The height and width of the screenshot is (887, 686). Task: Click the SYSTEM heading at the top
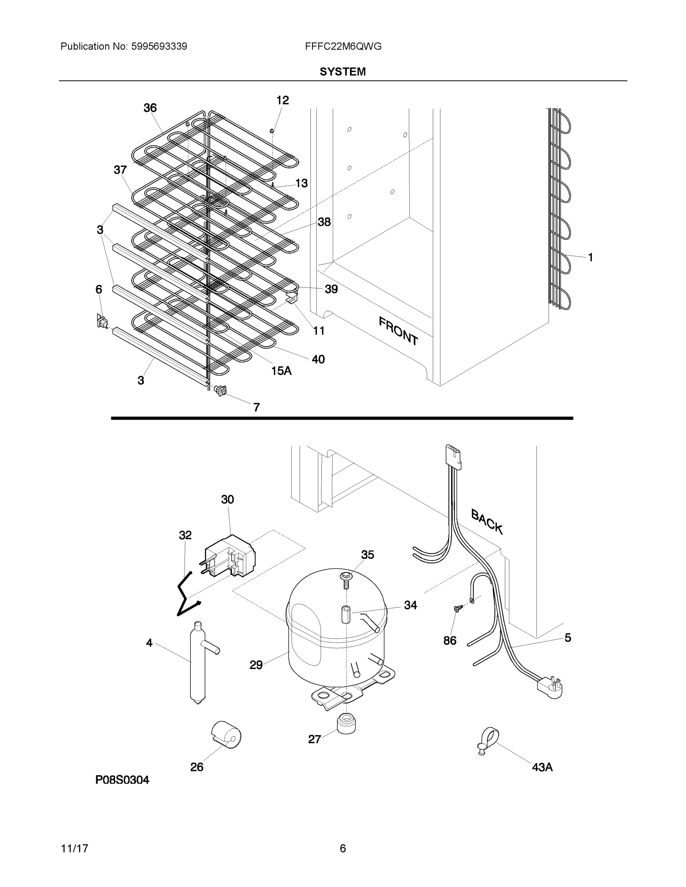342,72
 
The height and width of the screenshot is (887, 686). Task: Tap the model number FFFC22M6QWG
343,46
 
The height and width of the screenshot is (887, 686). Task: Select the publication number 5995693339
159,46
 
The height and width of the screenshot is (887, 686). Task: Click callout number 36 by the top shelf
150,108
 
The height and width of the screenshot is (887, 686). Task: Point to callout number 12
283,100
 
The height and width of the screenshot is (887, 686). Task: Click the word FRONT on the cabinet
398,331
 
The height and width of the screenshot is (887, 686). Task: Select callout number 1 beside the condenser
590,257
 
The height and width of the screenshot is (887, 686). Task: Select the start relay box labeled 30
230,555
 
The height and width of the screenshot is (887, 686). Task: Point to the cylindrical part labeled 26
226,735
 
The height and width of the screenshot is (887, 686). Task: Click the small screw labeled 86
458,608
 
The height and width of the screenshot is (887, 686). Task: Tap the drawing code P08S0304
122,780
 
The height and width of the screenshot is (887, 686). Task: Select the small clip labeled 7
220,390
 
